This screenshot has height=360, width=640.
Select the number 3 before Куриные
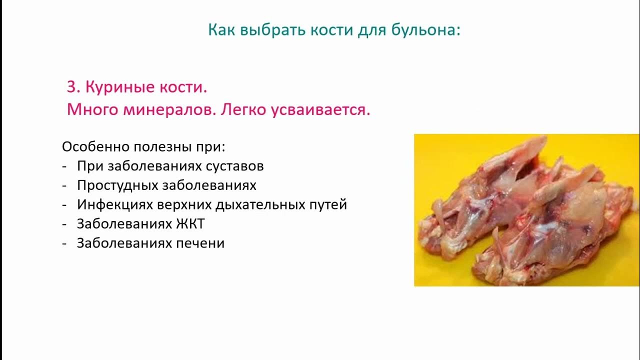click(73, 87)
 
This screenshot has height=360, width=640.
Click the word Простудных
click(118, 185)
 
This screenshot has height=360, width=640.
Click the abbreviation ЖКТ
click(190, 223)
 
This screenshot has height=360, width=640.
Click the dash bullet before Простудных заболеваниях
click(64, 186)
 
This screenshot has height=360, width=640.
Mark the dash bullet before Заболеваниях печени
click(64, 244)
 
